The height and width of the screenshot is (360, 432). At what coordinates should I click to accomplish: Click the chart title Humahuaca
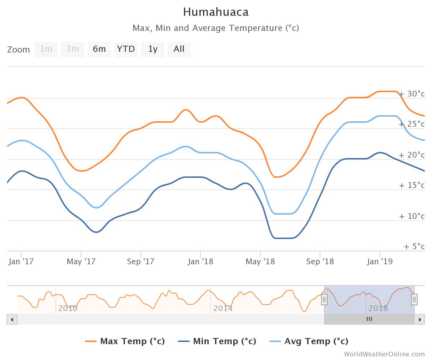click(216, 12)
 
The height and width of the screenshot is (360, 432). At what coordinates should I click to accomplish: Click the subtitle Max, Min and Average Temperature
click(216, 28)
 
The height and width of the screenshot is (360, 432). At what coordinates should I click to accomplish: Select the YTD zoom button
click(126, 49)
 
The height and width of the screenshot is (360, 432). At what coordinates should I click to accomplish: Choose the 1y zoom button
click(153, 49)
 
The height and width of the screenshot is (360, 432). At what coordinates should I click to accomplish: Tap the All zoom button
click(179, 49)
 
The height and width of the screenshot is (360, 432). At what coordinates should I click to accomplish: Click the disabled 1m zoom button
click(46, 49)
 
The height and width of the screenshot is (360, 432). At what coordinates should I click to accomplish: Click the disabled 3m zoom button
click(72, 49)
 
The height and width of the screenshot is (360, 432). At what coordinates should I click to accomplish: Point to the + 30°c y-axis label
click(412, 94)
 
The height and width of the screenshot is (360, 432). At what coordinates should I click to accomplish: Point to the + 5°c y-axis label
click(414, 247)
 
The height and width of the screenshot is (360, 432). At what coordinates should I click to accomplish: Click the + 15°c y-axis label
click(412, 185)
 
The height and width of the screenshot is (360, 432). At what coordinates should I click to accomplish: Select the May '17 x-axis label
click(81, 262)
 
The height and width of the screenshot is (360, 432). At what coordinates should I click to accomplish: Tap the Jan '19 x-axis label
click(379, 262)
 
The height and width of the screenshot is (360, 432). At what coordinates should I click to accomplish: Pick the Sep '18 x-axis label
click(320, 262)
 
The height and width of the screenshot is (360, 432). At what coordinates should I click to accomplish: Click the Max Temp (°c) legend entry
click(125, 341)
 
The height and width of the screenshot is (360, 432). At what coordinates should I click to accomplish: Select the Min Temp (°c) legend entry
click(217, 341)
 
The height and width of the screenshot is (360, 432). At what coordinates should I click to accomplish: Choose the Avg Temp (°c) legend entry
click(309, 341)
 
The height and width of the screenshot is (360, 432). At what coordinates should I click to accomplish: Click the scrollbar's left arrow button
click(12, 319)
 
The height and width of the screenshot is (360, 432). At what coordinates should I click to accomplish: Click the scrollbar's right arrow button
click(419, 319)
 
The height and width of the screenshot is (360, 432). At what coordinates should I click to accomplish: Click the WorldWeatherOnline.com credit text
click(384, 354)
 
